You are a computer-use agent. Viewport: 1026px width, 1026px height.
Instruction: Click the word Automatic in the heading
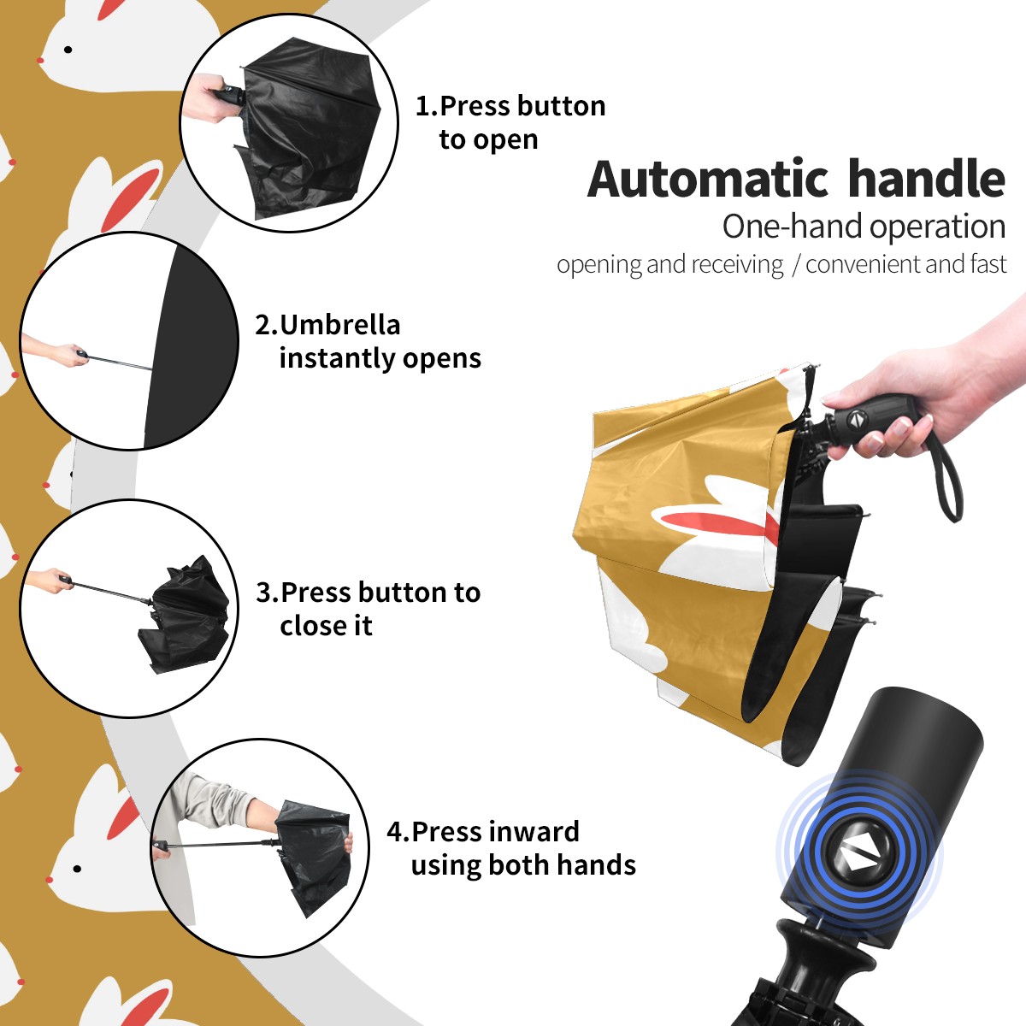tap(708, 179)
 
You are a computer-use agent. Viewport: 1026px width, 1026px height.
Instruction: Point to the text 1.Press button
tap(510, 105)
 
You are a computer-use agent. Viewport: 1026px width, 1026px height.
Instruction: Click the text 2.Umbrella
tap(327, 325)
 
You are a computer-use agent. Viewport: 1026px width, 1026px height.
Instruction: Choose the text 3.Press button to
tap(368, 592)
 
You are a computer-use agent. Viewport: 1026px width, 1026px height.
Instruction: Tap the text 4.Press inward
tap(483, 831)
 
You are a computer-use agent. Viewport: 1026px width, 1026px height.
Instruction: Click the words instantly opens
tap(380, 358)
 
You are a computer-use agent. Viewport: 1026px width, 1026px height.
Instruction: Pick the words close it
tap(326, 625)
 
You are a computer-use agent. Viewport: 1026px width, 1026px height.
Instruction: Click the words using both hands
tap(523, 865)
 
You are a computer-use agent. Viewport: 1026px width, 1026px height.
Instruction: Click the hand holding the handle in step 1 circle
tap(204, 98)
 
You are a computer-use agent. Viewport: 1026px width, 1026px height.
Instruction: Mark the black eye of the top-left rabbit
tap(68, 50)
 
